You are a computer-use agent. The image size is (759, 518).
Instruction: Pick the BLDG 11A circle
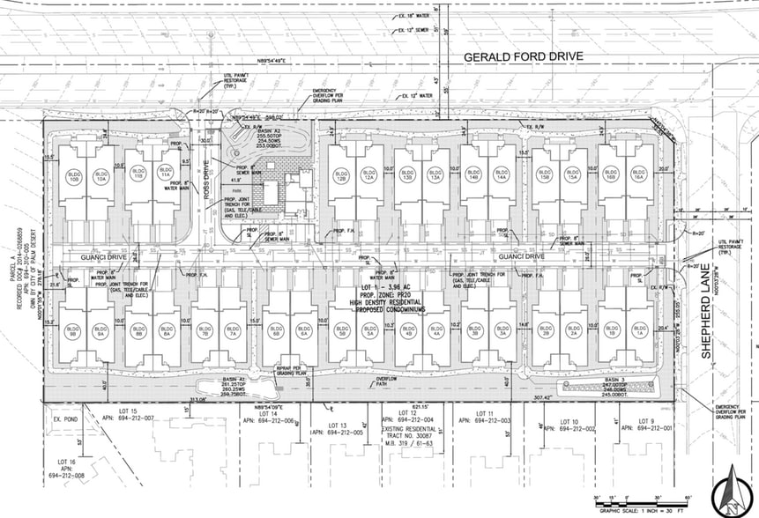click(165, 175)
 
